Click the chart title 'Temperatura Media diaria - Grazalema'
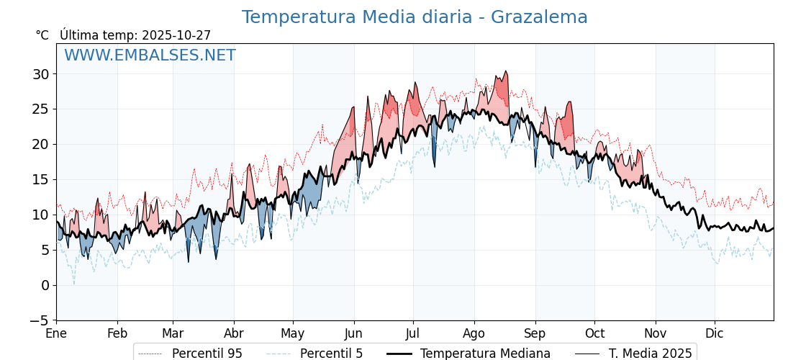(415, 17)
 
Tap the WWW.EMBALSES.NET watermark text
(150, 55)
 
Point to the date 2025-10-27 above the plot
(176, 35)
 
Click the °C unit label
(42, 35)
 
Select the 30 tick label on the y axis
(40, 74)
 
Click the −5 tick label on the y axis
(40, 320)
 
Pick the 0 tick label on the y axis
(45, 285)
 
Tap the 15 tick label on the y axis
(40, 179)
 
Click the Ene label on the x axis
(56, 334)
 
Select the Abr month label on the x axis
(234, 334)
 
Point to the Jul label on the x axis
(413, 334)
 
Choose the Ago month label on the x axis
(474, 334)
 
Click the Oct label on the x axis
(594, 334)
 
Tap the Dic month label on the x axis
(715, 334)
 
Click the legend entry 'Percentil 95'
(207, 354)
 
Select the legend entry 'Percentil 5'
(331, 354)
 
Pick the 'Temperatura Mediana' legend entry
(485, 354)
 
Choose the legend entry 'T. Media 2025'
(650, 354)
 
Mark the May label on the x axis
(293, 334)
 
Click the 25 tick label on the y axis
(40, 109)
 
